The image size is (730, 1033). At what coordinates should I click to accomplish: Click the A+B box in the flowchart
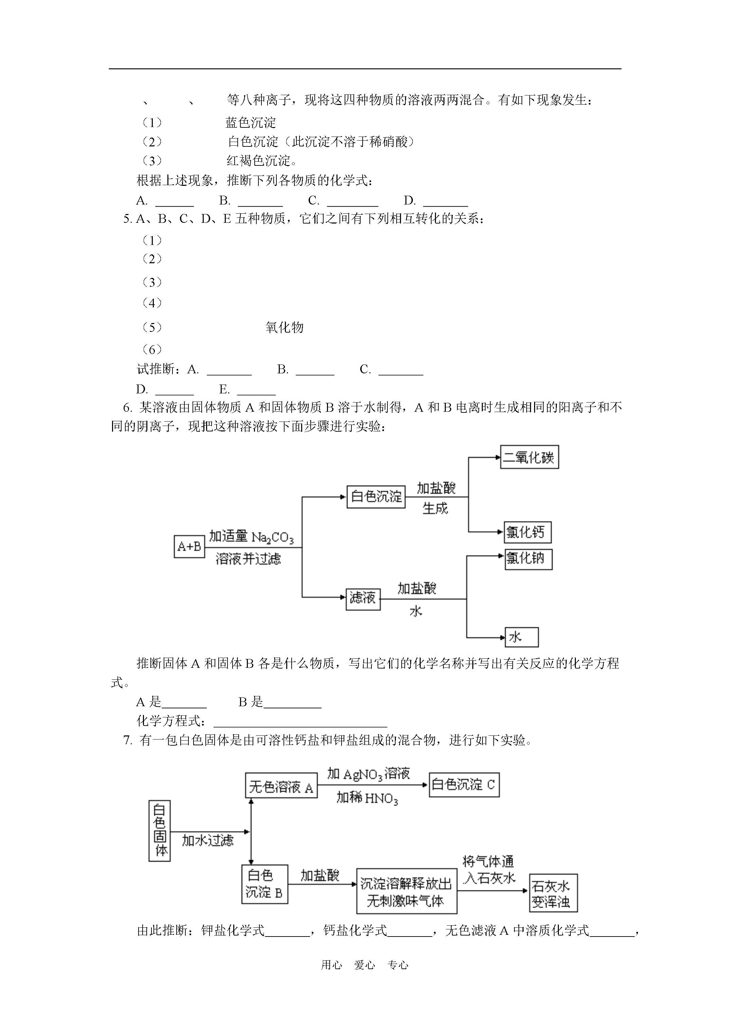coord(189,547)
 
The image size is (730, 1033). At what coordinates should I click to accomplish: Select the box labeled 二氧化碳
coord(529,457)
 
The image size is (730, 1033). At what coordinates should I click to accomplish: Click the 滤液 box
coord(363,599)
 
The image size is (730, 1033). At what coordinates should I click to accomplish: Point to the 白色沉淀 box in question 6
coord(376,497)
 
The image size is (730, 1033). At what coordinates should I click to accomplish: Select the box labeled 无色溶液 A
coord(281,786)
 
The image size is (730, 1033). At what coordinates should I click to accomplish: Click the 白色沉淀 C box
coord(464,785)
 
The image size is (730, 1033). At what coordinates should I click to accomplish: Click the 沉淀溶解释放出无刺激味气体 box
coord(407,891)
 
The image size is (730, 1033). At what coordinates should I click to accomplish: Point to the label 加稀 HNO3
coord(367,798)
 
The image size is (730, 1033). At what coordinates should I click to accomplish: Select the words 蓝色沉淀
coord(251,122)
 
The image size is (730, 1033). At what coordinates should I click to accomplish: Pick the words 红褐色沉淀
coord(259,161)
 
